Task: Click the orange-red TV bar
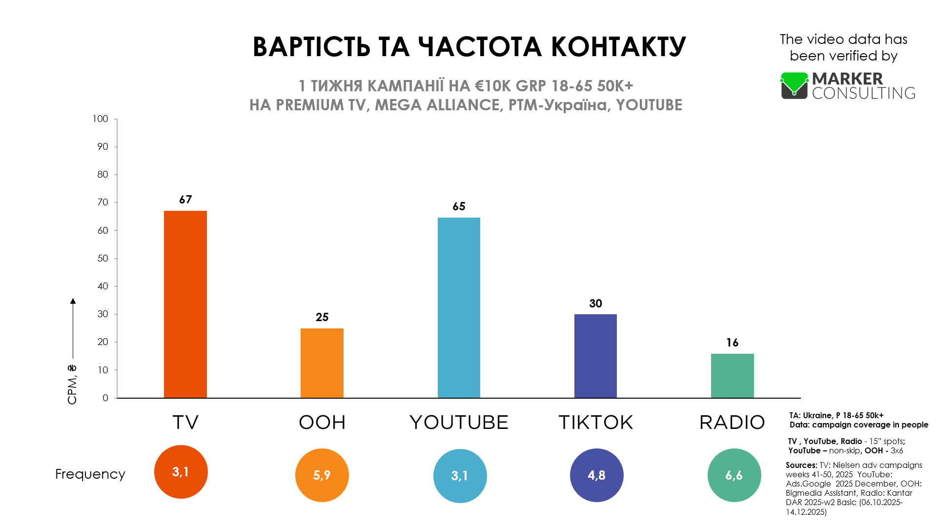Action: click(x=185, y=304)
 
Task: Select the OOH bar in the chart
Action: click(x=322, y=363)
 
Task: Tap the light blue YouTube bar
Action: click(x=459, y=308)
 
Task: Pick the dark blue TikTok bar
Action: click(x=595, y=356)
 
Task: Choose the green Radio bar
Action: click(x=733, y=376)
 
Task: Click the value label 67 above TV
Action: click(x=185, y=200)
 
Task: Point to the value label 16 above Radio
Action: click(x=733, y=343)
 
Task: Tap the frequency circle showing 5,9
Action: click(x=322, y=475)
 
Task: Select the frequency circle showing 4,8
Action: click(x=597, y=475)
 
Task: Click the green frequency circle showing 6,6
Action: click(x=734, y=475)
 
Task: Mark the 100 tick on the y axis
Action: click(x=101, y=119)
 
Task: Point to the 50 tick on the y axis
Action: click(x=102, y=259)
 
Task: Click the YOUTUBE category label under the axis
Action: click(x=459, y=423)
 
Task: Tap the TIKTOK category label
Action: click(x=596, y=423)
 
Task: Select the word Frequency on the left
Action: click(x=90, y=474)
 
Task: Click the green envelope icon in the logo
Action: click(x=794, y=86)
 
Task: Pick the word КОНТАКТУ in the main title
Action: click(x=619, y=47)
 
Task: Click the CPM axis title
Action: click(x=72, y=385)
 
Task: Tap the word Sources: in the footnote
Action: click(x=801, y=465)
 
